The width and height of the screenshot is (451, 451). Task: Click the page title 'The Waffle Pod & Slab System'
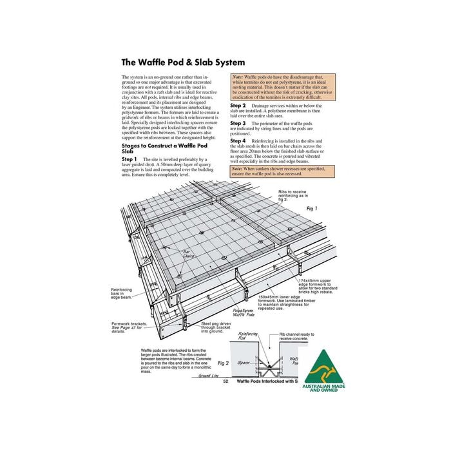pos(183,62)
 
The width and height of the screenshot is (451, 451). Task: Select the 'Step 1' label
pos(130,158)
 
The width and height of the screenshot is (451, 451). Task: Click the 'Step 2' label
pos(238,105)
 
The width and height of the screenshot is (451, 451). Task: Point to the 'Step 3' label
pos(238,123)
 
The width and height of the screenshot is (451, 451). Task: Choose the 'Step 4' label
pos(238,140)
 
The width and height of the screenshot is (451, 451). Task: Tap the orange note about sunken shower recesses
pos(281,171)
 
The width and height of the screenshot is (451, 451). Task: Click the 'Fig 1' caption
pos(312,208)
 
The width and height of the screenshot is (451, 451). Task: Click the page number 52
pos(225,381)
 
